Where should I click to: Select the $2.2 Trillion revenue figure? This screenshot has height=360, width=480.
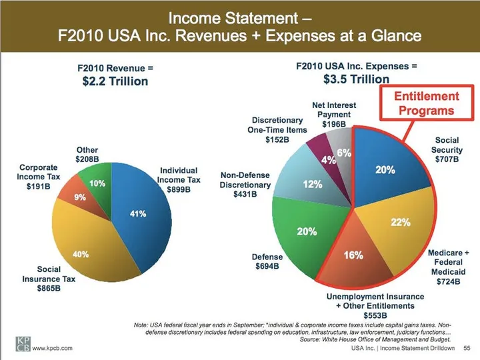pyautogui.click(x=112, y=81)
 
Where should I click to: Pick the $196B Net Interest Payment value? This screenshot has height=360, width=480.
pyautogui.click(x=334, y=124)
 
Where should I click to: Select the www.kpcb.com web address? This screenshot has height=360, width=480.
pyautogui.click(x=53, y=347)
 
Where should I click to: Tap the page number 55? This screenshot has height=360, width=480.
pyautogui.click(x=467, y=347)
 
